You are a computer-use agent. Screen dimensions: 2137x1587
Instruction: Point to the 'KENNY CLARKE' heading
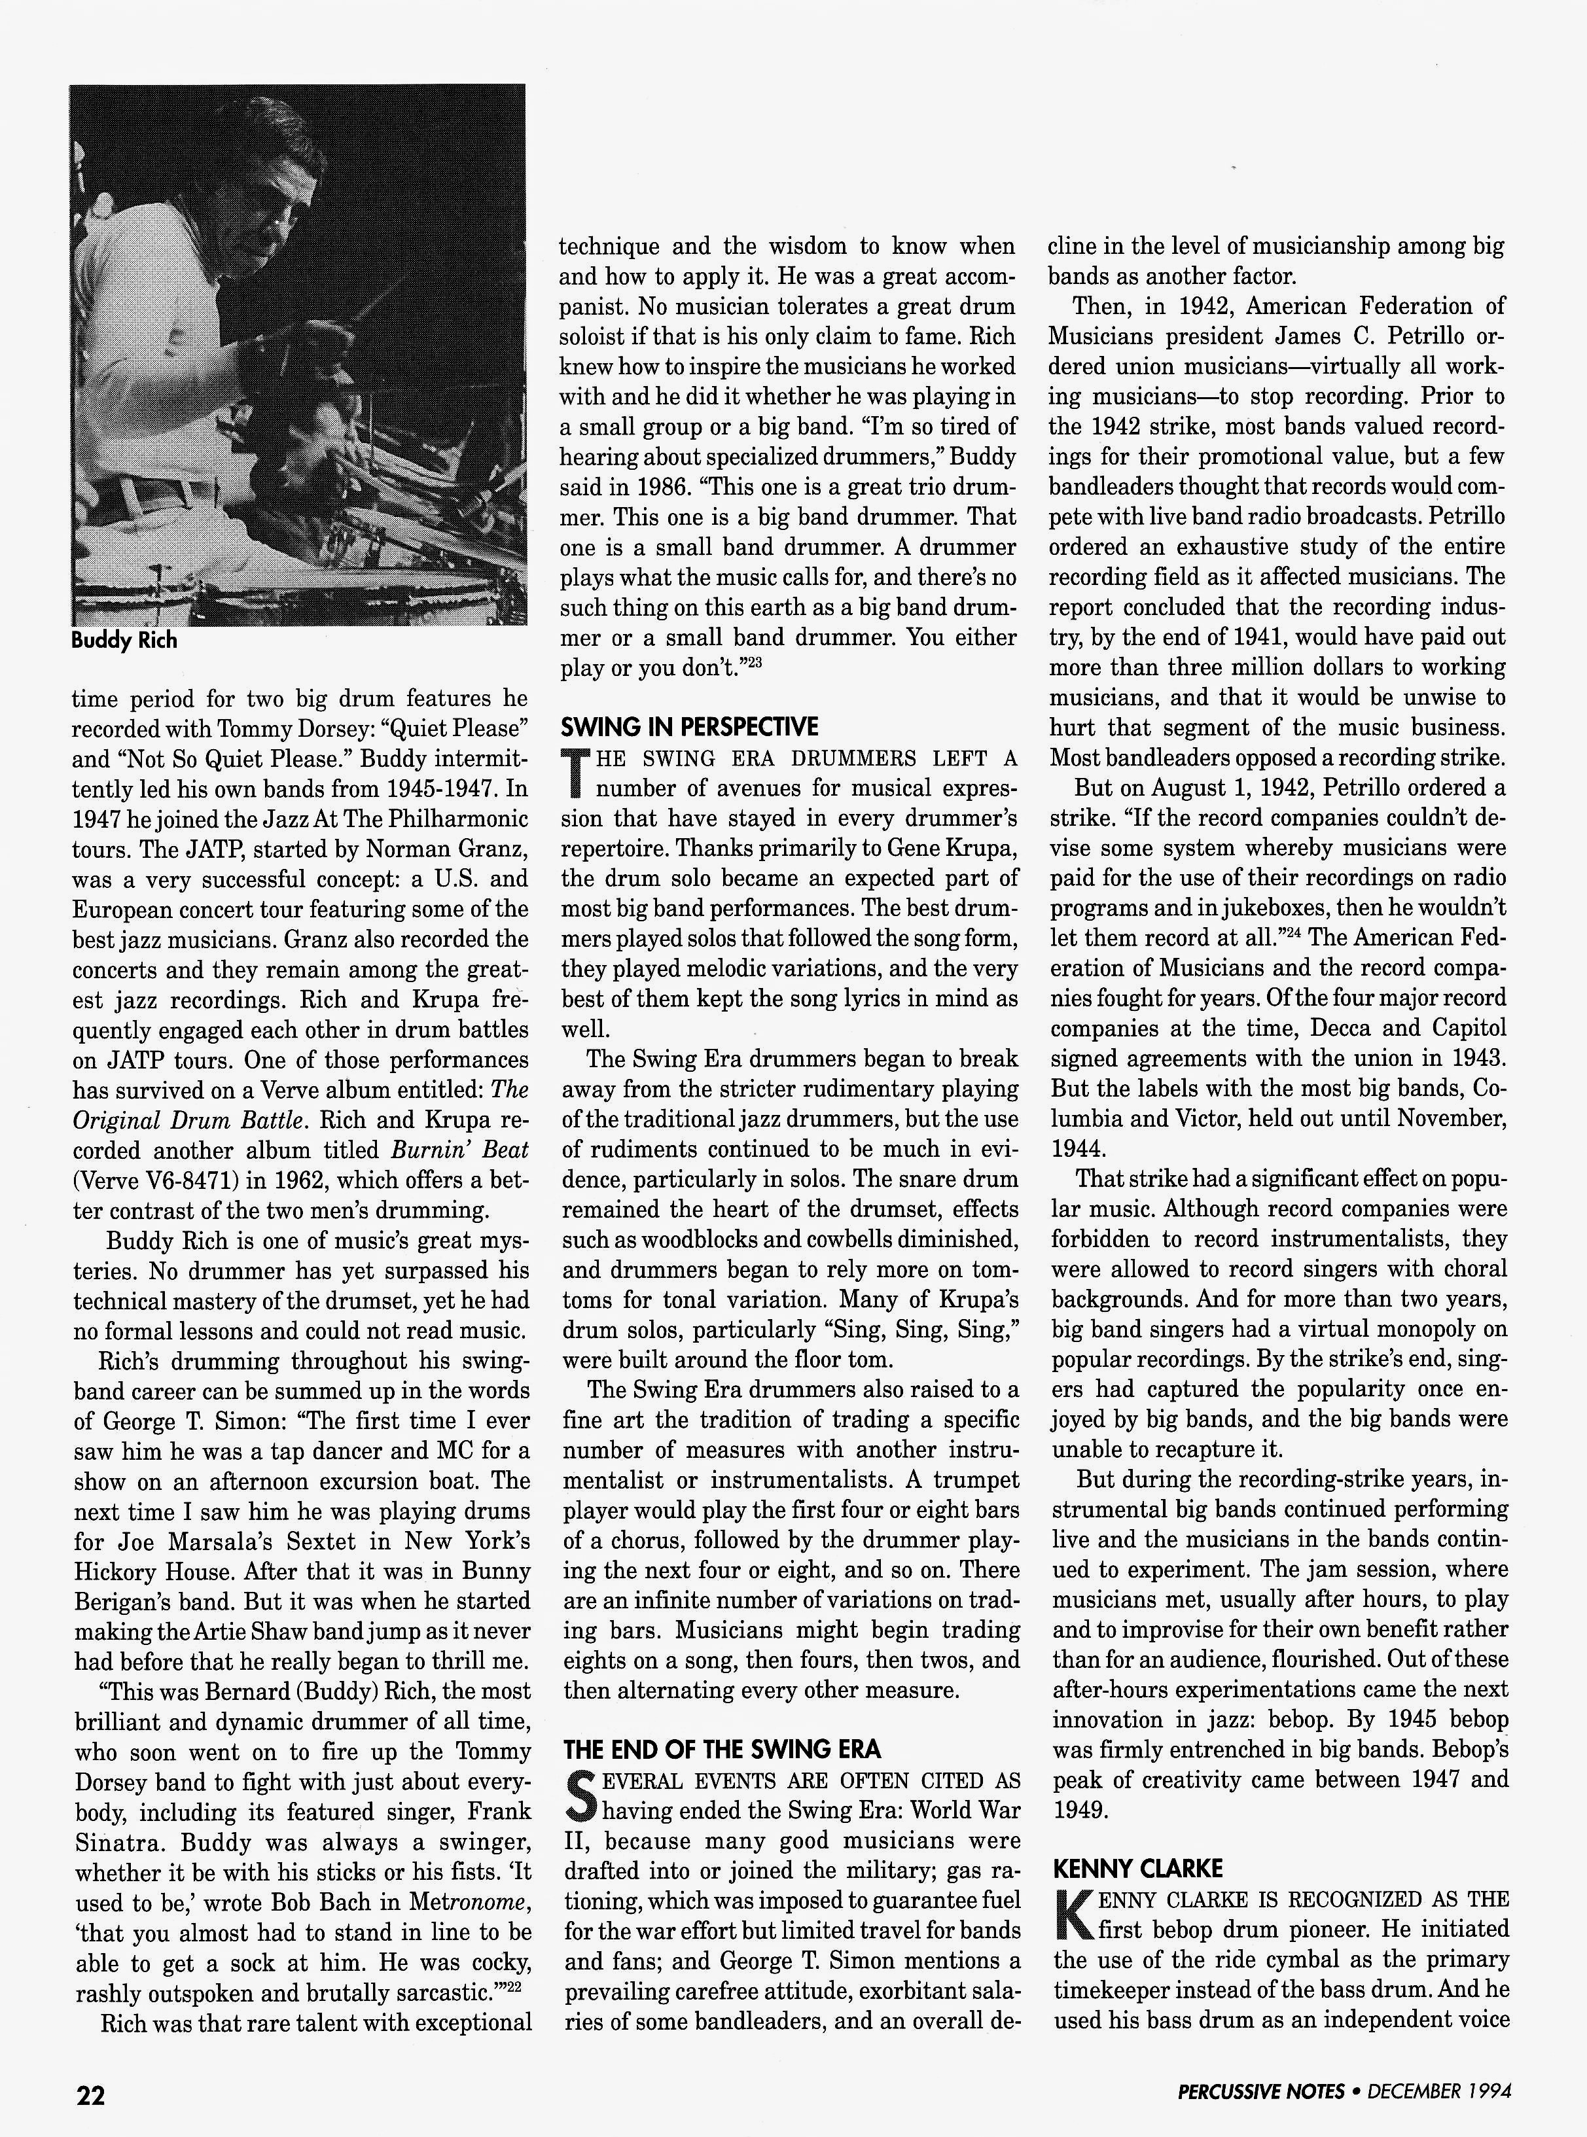[x=1137, y=1868]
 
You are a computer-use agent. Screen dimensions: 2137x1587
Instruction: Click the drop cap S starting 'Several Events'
[x=579, y=1796]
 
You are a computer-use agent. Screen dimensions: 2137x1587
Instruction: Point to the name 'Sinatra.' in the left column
[x=113, y=1842]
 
